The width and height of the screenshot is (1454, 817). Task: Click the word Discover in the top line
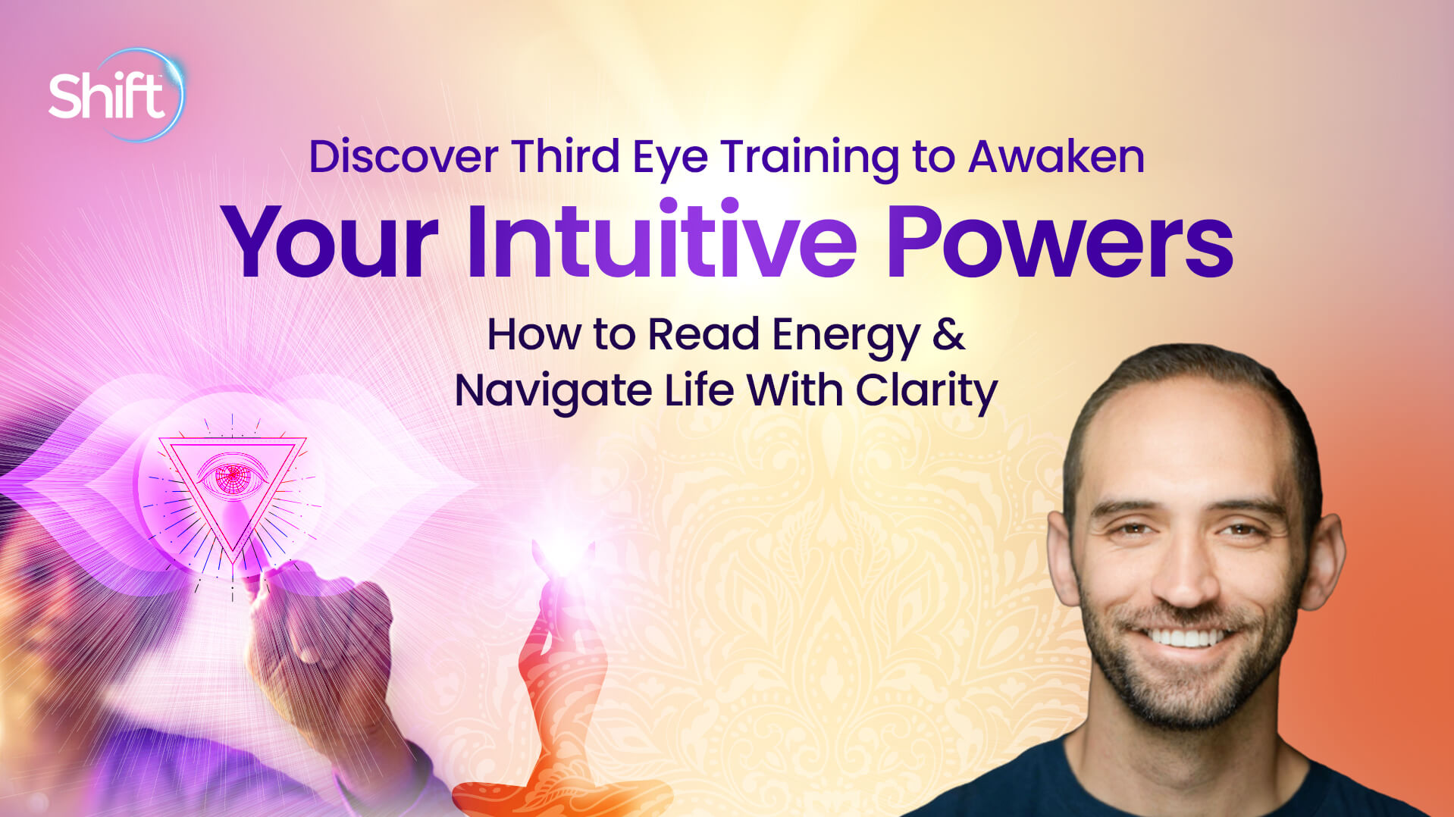(x=403, y=157)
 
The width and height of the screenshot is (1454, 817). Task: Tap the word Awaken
(x=1056, y=157)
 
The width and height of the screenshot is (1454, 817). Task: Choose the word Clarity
(x=926, y=392)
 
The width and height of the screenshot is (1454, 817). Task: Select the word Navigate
(x=553, y=392)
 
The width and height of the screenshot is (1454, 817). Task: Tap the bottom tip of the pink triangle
(x=232, y=552)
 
